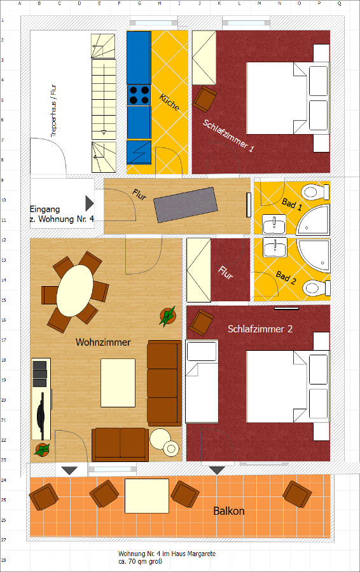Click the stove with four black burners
pos(139,95)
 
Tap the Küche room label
pos(169,102)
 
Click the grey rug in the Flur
pos(186,205)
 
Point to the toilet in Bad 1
pos(315,192)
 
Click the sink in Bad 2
pos(275,248)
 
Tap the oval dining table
pos(75,290)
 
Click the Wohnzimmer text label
pos(103,342)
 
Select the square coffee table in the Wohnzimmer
pos(118,383)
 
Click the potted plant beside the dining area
pos(167,315)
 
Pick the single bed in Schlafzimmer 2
pos(202,381)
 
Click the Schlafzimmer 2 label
pos(260,329)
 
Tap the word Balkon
pos(229,511)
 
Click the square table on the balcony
pos(147,496)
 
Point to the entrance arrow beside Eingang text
pos(90,203)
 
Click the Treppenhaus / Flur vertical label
pos(53,111)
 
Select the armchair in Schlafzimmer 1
pos(205,99)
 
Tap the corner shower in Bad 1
pos(314,220)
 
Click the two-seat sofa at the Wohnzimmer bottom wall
pos(120,444)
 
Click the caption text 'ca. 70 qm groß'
pos(140,561)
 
